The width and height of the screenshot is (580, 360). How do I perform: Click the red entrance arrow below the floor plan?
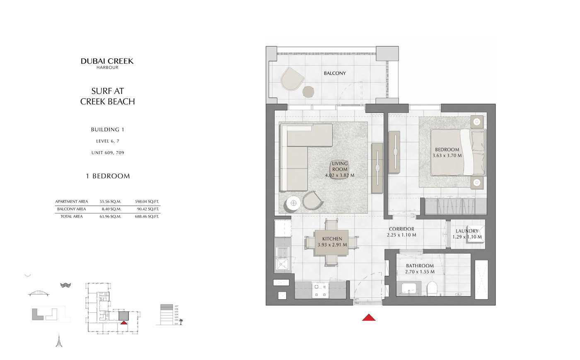pyautogui.click(x=369, y=318)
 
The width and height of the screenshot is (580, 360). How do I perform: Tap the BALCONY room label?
pyautogui.click(x=335, y=73)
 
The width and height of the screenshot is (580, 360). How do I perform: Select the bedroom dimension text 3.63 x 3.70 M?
pyautogui.click(x=447, y=156)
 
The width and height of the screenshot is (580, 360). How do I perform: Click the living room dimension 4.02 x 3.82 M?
pyautogui.click(x=340, y=175)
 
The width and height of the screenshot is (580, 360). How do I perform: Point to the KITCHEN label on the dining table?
pyautogui.click(x=332, y=239)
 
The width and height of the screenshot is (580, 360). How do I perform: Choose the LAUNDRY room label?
pyautogui.click(x=467, y=231)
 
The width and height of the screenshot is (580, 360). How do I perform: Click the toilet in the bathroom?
pyautogui.click(x=432, y=288)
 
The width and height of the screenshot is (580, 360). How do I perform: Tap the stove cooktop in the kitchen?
pyautogui.click(x=320, y=290)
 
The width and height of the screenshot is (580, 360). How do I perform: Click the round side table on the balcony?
pyautogui.click(x=308, y=91)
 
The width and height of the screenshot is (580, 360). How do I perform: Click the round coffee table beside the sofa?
pyautogui.click(x=293, y=203)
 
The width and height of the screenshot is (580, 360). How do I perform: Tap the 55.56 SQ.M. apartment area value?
pyautogui.click(x=110, y=202)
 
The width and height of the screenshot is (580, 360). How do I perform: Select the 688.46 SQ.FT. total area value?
pyautogui.click(x=147, y=217)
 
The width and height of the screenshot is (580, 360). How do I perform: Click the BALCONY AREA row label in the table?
pyautogui.click(x=72, y=209)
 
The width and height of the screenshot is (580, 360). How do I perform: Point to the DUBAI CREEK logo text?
pyautogui.click(x=107, y=61)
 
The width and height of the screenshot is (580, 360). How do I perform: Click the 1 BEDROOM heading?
pyautogui.click(x=108, y=176)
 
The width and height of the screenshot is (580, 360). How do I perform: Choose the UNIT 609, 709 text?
pyautogui.click(x=108, y=153)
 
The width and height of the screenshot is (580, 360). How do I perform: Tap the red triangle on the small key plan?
pyautogui.click(x=124, y=322)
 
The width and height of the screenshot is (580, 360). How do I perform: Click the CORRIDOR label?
pyautogui.click(x=401, y=229)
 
